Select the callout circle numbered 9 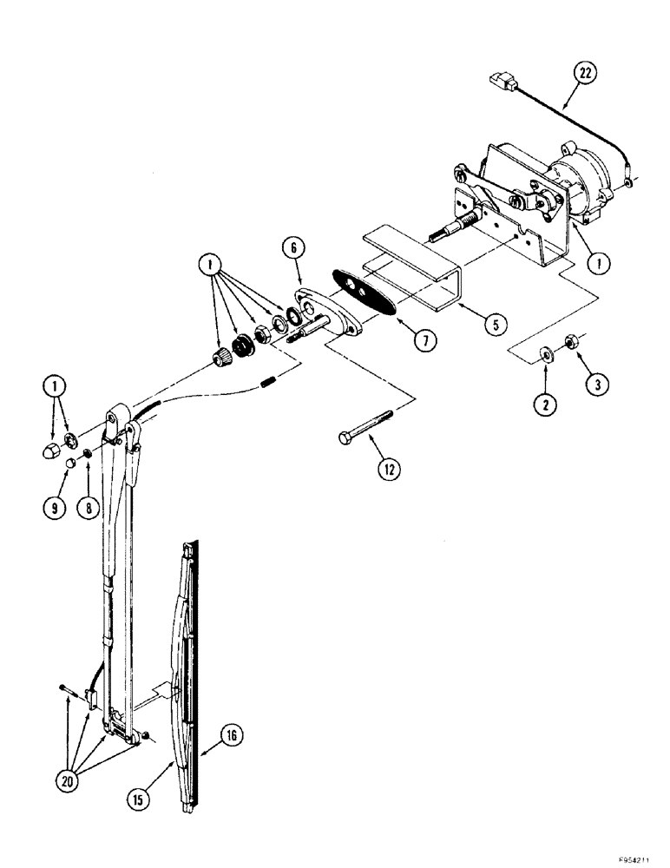[x=53, y=508]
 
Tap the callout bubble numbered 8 [x=88, y=508]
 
